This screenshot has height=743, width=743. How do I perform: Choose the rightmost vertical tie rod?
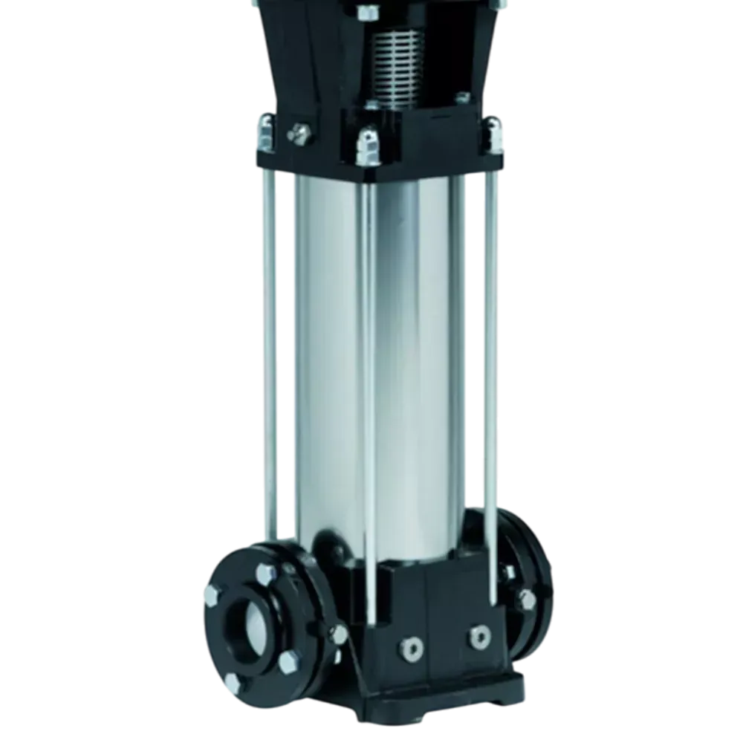click(490, 357)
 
